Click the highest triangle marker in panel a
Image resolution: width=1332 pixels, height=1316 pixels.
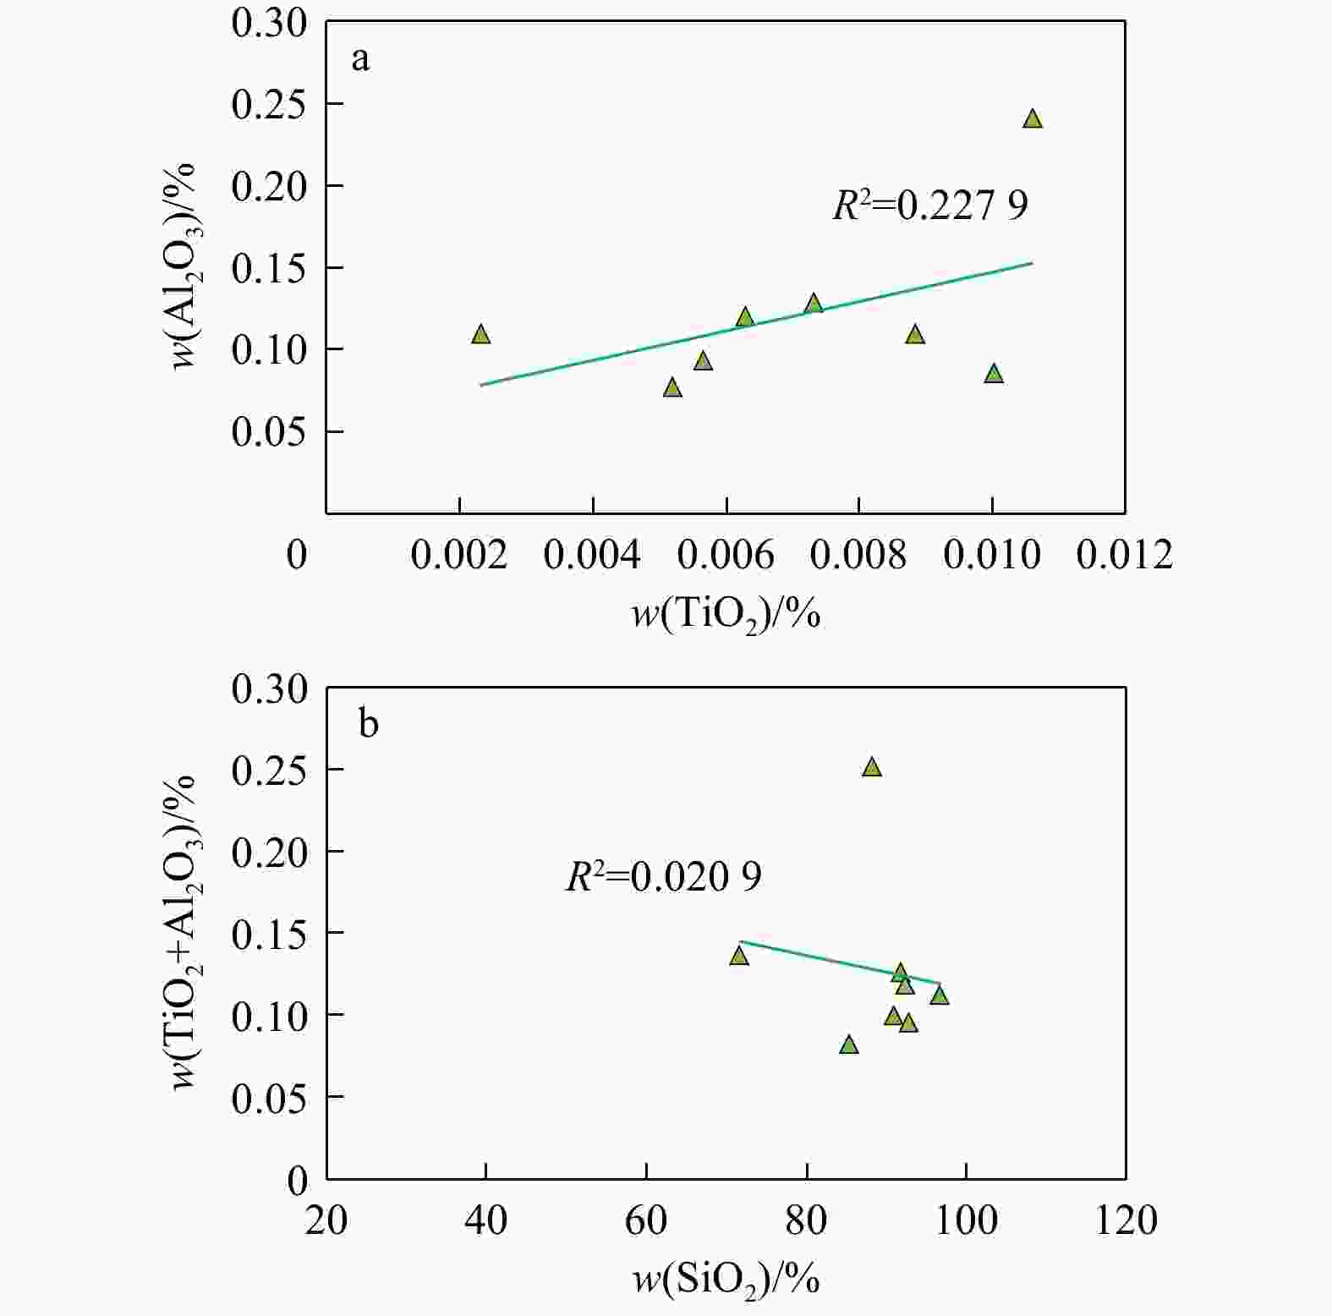click(x=1033, y=119)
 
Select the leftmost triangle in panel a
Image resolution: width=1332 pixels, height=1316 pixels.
click(x=481, y=334)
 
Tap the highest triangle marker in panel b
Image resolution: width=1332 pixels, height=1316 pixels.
click(x=872, y=767)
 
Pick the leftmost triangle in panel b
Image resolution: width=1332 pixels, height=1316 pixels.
click(x=739, y=955)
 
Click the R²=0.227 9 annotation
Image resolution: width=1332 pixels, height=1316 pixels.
click(x=930, y=206)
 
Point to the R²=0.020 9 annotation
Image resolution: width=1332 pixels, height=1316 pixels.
click(x=663, y=877)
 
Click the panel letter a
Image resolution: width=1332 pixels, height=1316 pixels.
click(x=361, y=60)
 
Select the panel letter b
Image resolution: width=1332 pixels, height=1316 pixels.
click(x=369, y=725)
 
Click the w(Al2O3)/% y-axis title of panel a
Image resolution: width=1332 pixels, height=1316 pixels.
click(x=184, y=266)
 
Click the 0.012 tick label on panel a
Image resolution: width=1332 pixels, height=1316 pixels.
click(x=1124, y=555)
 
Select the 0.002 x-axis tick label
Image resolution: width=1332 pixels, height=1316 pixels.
click(x=458, y=555)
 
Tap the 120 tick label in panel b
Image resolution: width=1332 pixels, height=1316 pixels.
click(x=1126, y=1220)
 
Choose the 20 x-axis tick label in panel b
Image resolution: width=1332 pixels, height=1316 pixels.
click(x=326, y=1220)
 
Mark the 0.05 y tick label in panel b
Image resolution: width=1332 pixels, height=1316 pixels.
click(x=269, y=1098)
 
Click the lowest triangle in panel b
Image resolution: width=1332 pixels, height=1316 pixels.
click(x=849, y=1045)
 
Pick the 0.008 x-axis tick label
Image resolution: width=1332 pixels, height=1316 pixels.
click(x=858, y=555)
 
